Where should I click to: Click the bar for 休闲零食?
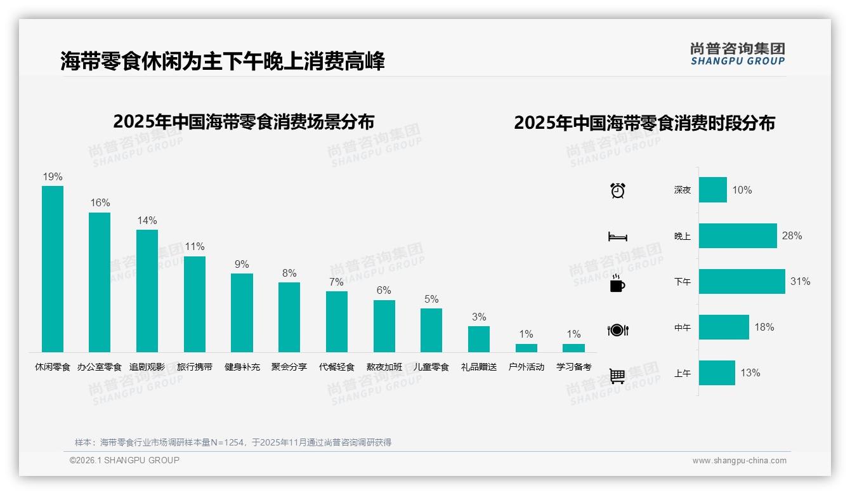[x=53, y=269]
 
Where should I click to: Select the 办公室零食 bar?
[x=100, y=282]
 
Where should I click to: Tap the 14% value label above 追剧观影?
[x=147, y=220]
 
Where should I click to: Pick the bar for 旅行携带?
[x=195, y=304]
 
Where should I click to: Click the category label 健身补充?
[x=242, y=367]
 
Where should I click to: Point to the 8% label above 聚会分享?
[x=289, y=273]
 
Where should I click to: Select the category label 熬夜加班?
[x=384, y=367]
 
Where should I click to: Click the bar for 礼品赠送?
[x=479, y=339]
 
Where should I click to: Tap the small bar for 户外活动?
[x=526, y=348]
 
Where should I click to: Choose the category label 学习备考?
[x=574, y=367]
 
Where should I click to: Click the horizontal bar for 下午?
[x=742, y=281]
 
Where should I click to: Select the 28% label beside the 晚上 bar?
[x=792, y=235]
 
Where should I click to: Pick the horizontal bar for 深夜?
[x=713, y=190]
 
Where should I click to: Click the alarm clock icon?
[x=618, y=190]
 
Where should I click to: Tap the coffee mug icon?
[x=617, y=284]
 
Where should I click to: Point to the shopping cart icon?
[x=617, y=376]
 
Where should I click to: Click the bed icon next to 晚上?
[x=618, y=237]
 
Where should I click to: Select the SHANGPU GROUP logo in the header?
[x=738, y=54]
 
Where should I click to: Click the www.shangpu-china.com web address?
[x=739, y=461]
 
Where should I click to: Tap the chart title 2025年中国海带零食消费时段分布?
[x=644, y=123]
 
